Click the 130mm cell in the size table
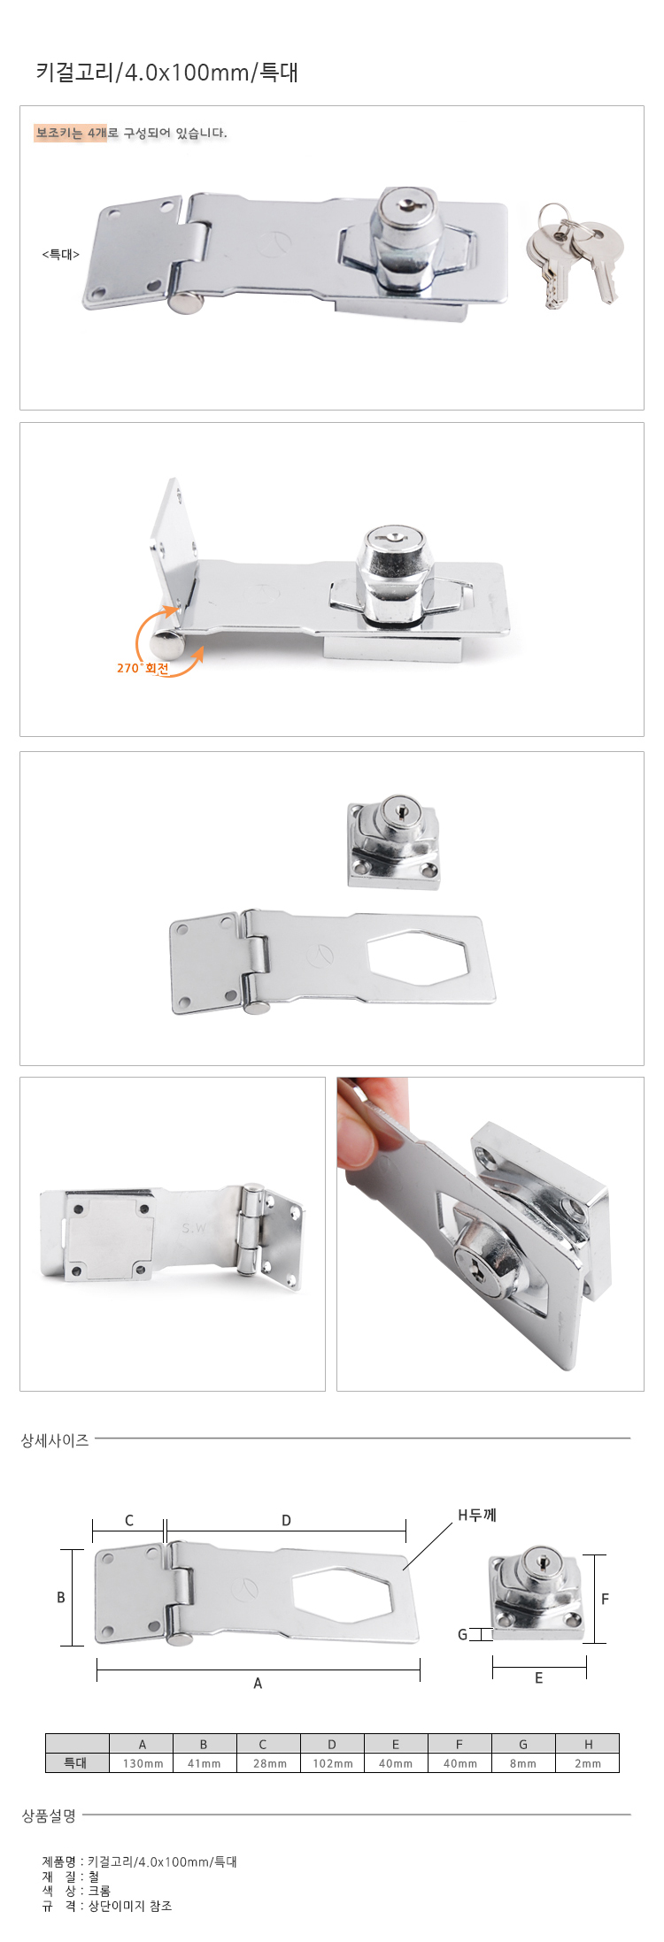pos(143,1763)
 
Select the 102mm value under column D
pos(333,1763)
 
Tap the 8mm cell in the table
pos(523,1763)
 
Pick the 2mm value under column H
pos(588,1763)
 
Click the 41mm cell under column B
pos(204,1763)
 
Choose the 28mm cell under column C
pos(270,1763)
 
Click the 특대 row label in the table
pos(76,1763)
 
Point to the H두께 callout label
pos(477,1515)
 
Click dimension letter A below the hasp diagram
pos(258,1683)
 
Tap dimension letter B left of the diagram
pos(61,1597)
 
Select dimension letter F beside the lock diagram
pos(606,1599)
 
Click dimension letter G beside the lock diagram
pos(462,1634)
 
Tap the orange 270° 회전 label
pos(143,668)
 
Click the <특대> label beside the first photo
pos(61,255)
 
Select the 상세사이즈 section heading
pos(55,1440)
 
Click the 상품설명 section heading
pos(49,1815)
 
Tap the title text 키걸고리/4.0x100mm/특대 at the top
pos(167,72)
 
